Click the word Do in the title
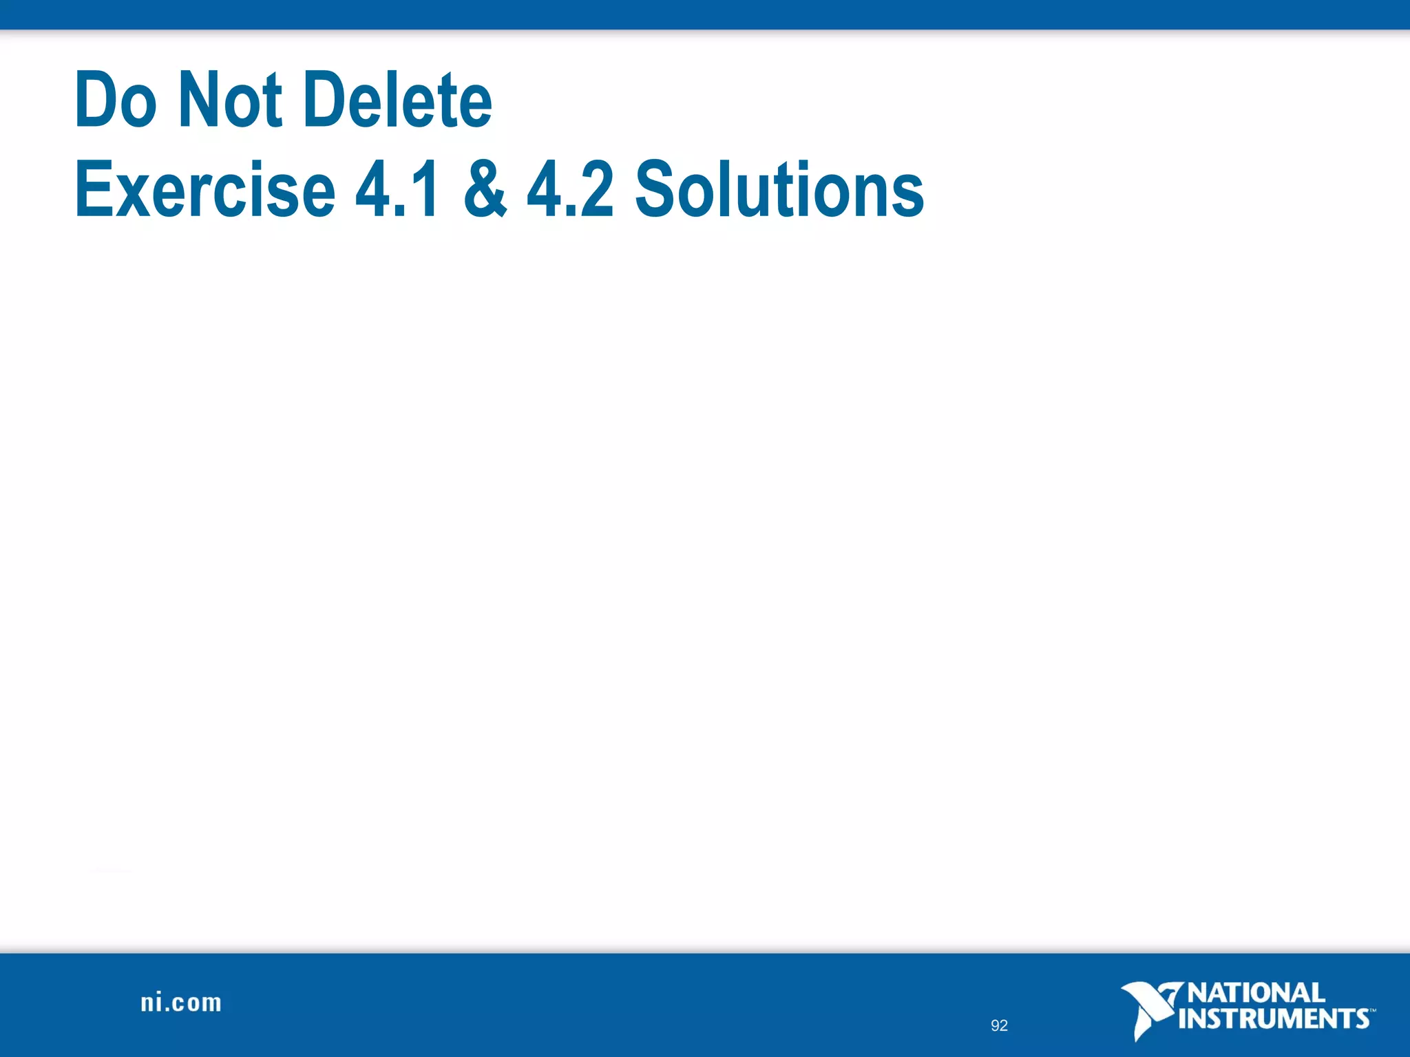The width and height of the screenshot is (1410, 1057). pyautogui.click(x=116, y=100)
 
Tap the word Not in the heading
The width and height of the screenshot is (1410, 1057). pyautogui.click(x=230, y=100)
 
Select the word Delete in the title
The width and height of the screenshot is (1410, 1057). pyautogui.click(x=397, y=100)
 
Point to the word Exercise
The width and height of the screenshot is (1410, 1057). pyautogui.click(x=204, y=189)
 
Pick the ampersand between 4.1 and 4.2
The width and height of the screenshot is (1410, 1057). pyautogui.click(x=485, y=189)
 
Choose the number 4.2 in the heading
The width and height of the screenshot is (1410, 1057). pyautogui.click(x=569, y=189)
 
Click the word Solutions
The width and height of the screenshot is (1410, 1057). pyautogui.click(x=779, y=189)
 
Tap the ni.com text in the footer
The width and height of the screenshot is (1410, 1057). pyautogui.click(x=181, y=1003)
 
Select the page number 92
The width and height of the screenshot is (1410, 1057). pyautogui.click(x=999, y=1025)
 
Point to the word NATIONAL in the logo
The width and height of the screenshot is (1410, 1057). pyautogui.click(x=1256, y=993)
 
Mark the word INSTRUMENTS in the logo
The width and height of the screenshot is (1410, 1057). pyautogui.click(x=1274, y=1018)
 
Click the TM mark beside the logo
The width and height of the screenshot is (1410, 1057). pyautogui.click(x=1372, y=1010)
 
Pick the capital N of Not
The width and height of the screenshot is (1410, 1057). pyautogui.click(x=196, y=100)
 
